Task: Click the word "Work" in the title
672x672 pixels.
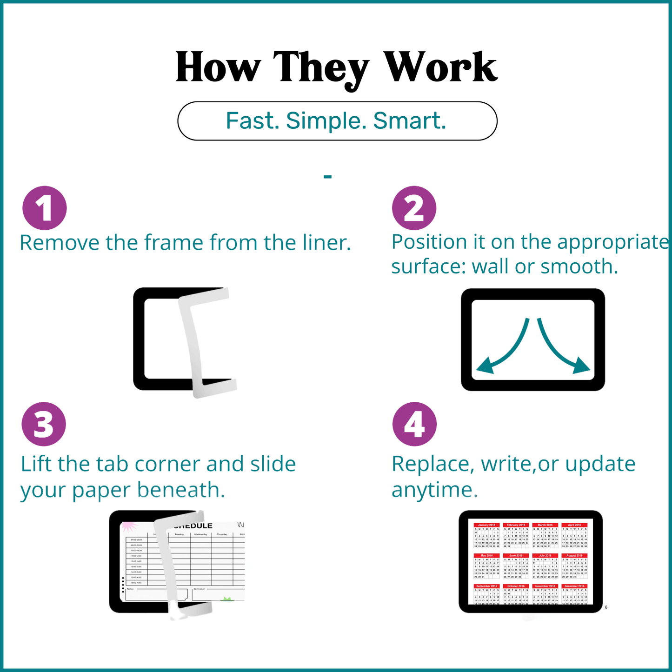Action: coord(441,68)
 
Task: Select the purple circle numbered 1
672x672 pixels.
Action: coord(45,208)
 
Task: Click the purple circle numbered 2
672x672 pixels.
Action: coord(414,208)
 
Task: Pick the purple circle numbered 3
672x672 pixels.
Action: coord(44,424)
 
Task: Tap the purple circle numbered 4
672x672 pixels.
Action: coord(414,424)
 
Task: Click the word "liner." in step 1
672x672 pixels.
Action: coord(326,243)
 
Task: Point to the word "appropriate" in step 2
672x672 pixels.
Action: coord(613,242)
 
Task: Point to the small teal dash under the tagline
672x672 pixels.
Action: coord(328,177)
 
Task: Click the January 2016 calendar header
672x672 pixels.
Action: coord(486,525)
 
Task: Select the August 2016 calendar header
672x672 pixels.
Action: coord(574,556)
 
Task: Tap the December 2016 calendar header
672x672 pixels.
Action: coord(574,586)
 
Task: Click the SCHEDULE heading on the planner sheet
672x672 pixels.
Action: coord(193,526)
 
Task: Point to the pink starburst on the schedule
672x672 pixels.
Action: coord(129,526)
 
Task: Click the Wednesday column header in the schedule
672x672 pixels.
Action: coord(200,535)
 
